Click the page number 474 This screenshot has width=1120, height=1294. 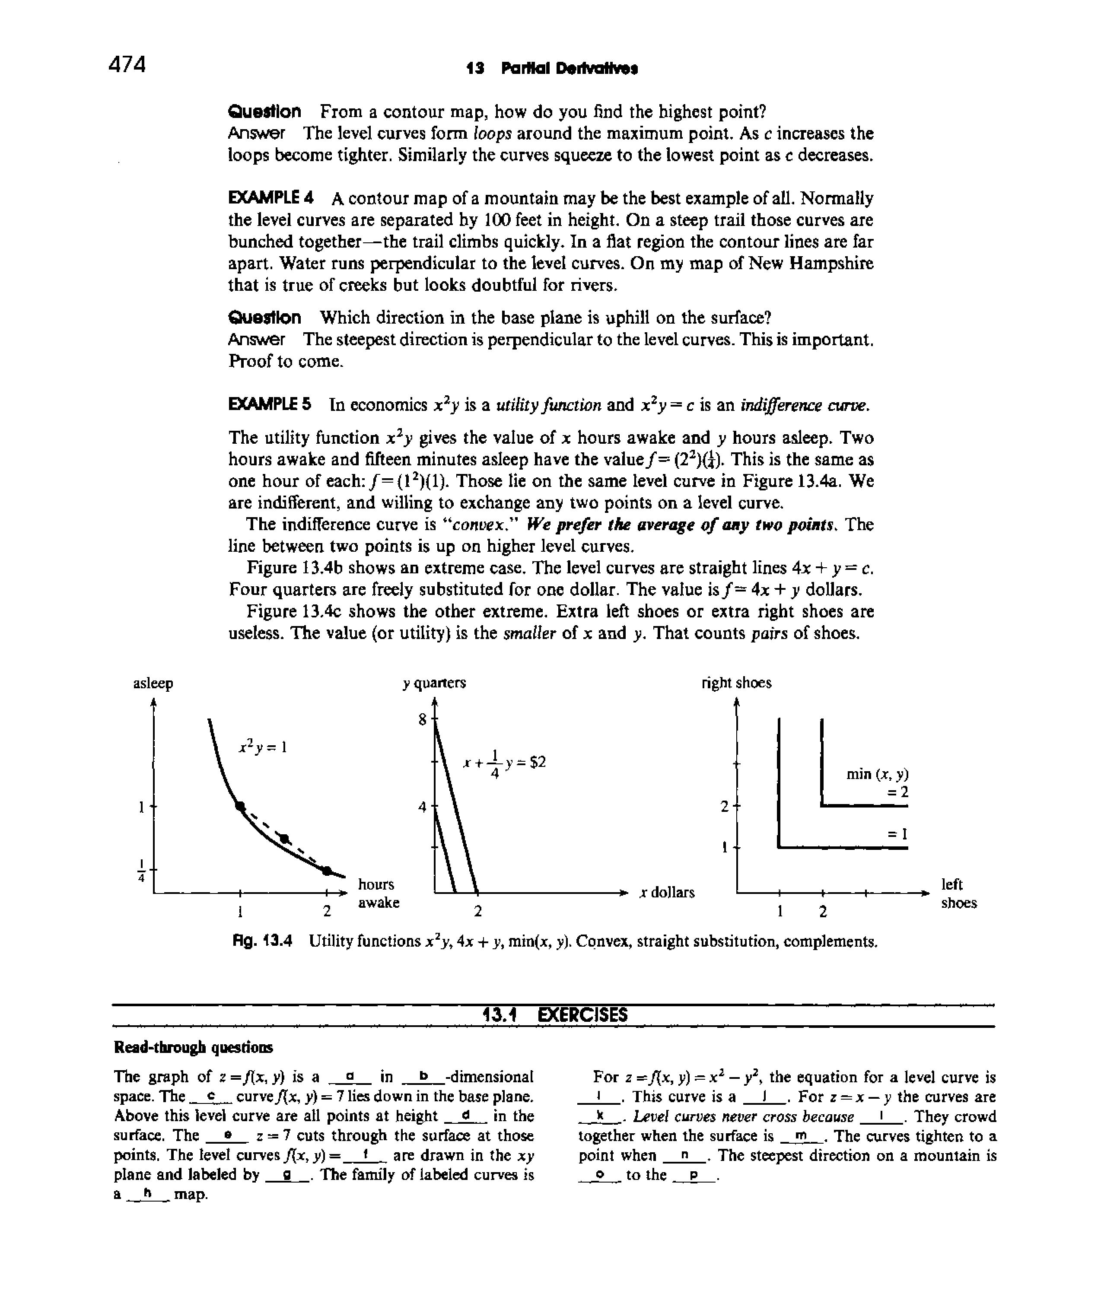pos(127,64)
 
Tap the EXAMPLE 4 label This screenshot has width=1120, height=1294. pos(270,199)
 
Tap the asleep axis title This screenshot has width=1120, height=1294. pos(153,684)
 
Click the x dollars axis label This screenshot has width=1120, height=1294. pos(666,892)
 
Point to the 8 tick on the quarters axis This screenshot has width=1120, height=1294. pos(423,720)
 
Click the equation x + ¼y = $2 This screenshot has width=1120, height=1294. pos(504,763)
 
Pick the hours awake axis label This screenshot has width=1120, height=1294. pos(378,893)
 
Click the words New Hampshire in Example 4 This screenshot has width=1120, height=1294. pos(798,264)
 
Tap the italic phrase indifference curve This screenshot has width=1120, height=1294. pos(805,406)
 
